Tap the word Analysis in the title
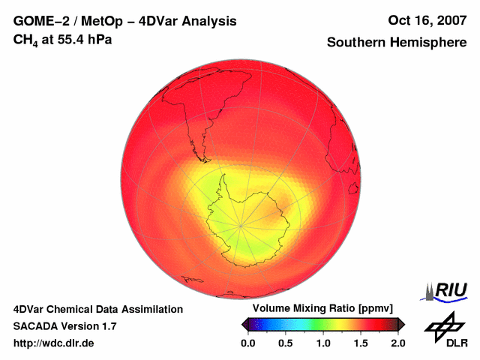pos(211,21)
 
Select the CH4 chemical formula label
pos(25,40)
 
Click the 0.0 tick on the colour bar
pos(248,343)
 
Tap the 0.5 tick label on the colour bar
pos(286,343)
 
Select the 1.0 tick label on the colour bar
pos(323,343)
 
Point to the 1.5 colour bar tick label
pos(361,343)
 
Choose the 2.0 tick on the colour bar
pos(397,343)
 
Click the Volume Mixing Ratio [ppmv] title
pos(322,308)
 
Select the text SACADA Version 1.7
pos(64,326)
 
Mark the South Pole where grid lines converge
pos(241,225)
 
